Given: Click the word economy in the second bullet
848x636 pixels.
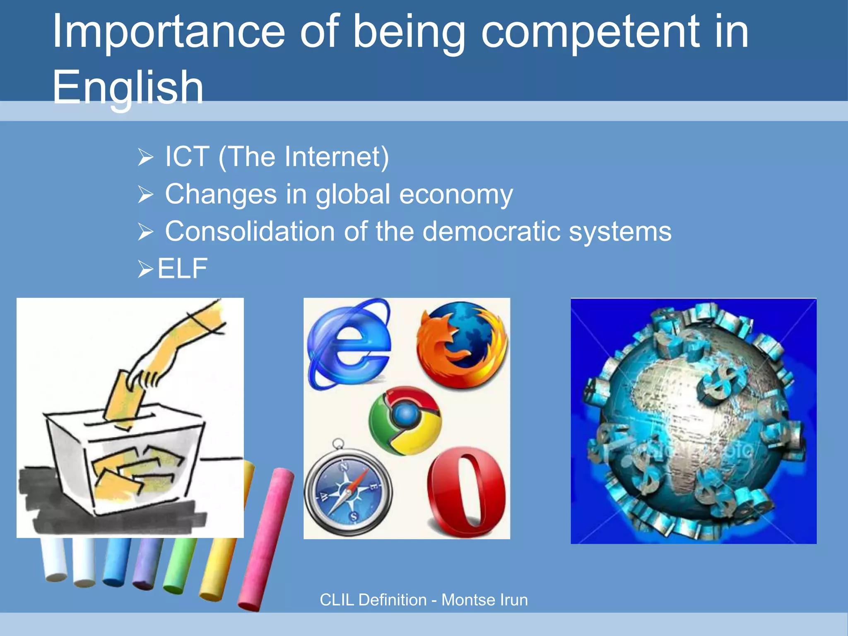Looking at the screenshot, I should (456, 195).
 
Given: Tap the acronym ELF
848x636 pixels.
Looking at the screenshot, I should (182, 269).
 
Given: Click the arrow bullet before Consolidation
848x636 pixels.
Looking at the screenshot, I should (146, 232).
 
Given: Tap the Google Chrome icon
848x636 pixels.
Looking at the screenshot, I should (405, 421).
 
